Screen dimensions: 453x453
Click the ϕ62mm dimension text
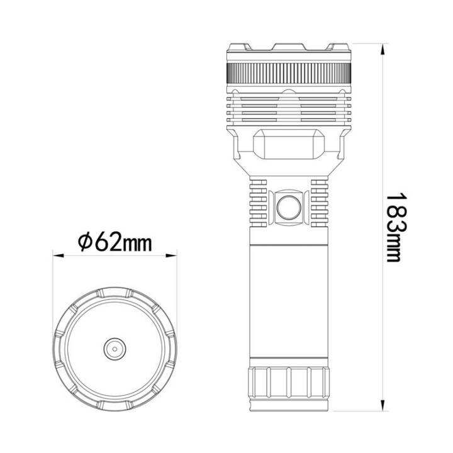[115, 240]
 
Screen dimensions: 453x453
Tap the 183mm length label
[393, 226]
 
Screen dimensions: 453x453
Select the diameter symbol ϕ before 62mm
[85, 241]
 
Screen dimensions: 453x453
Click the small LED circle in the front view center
[115, 347]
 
